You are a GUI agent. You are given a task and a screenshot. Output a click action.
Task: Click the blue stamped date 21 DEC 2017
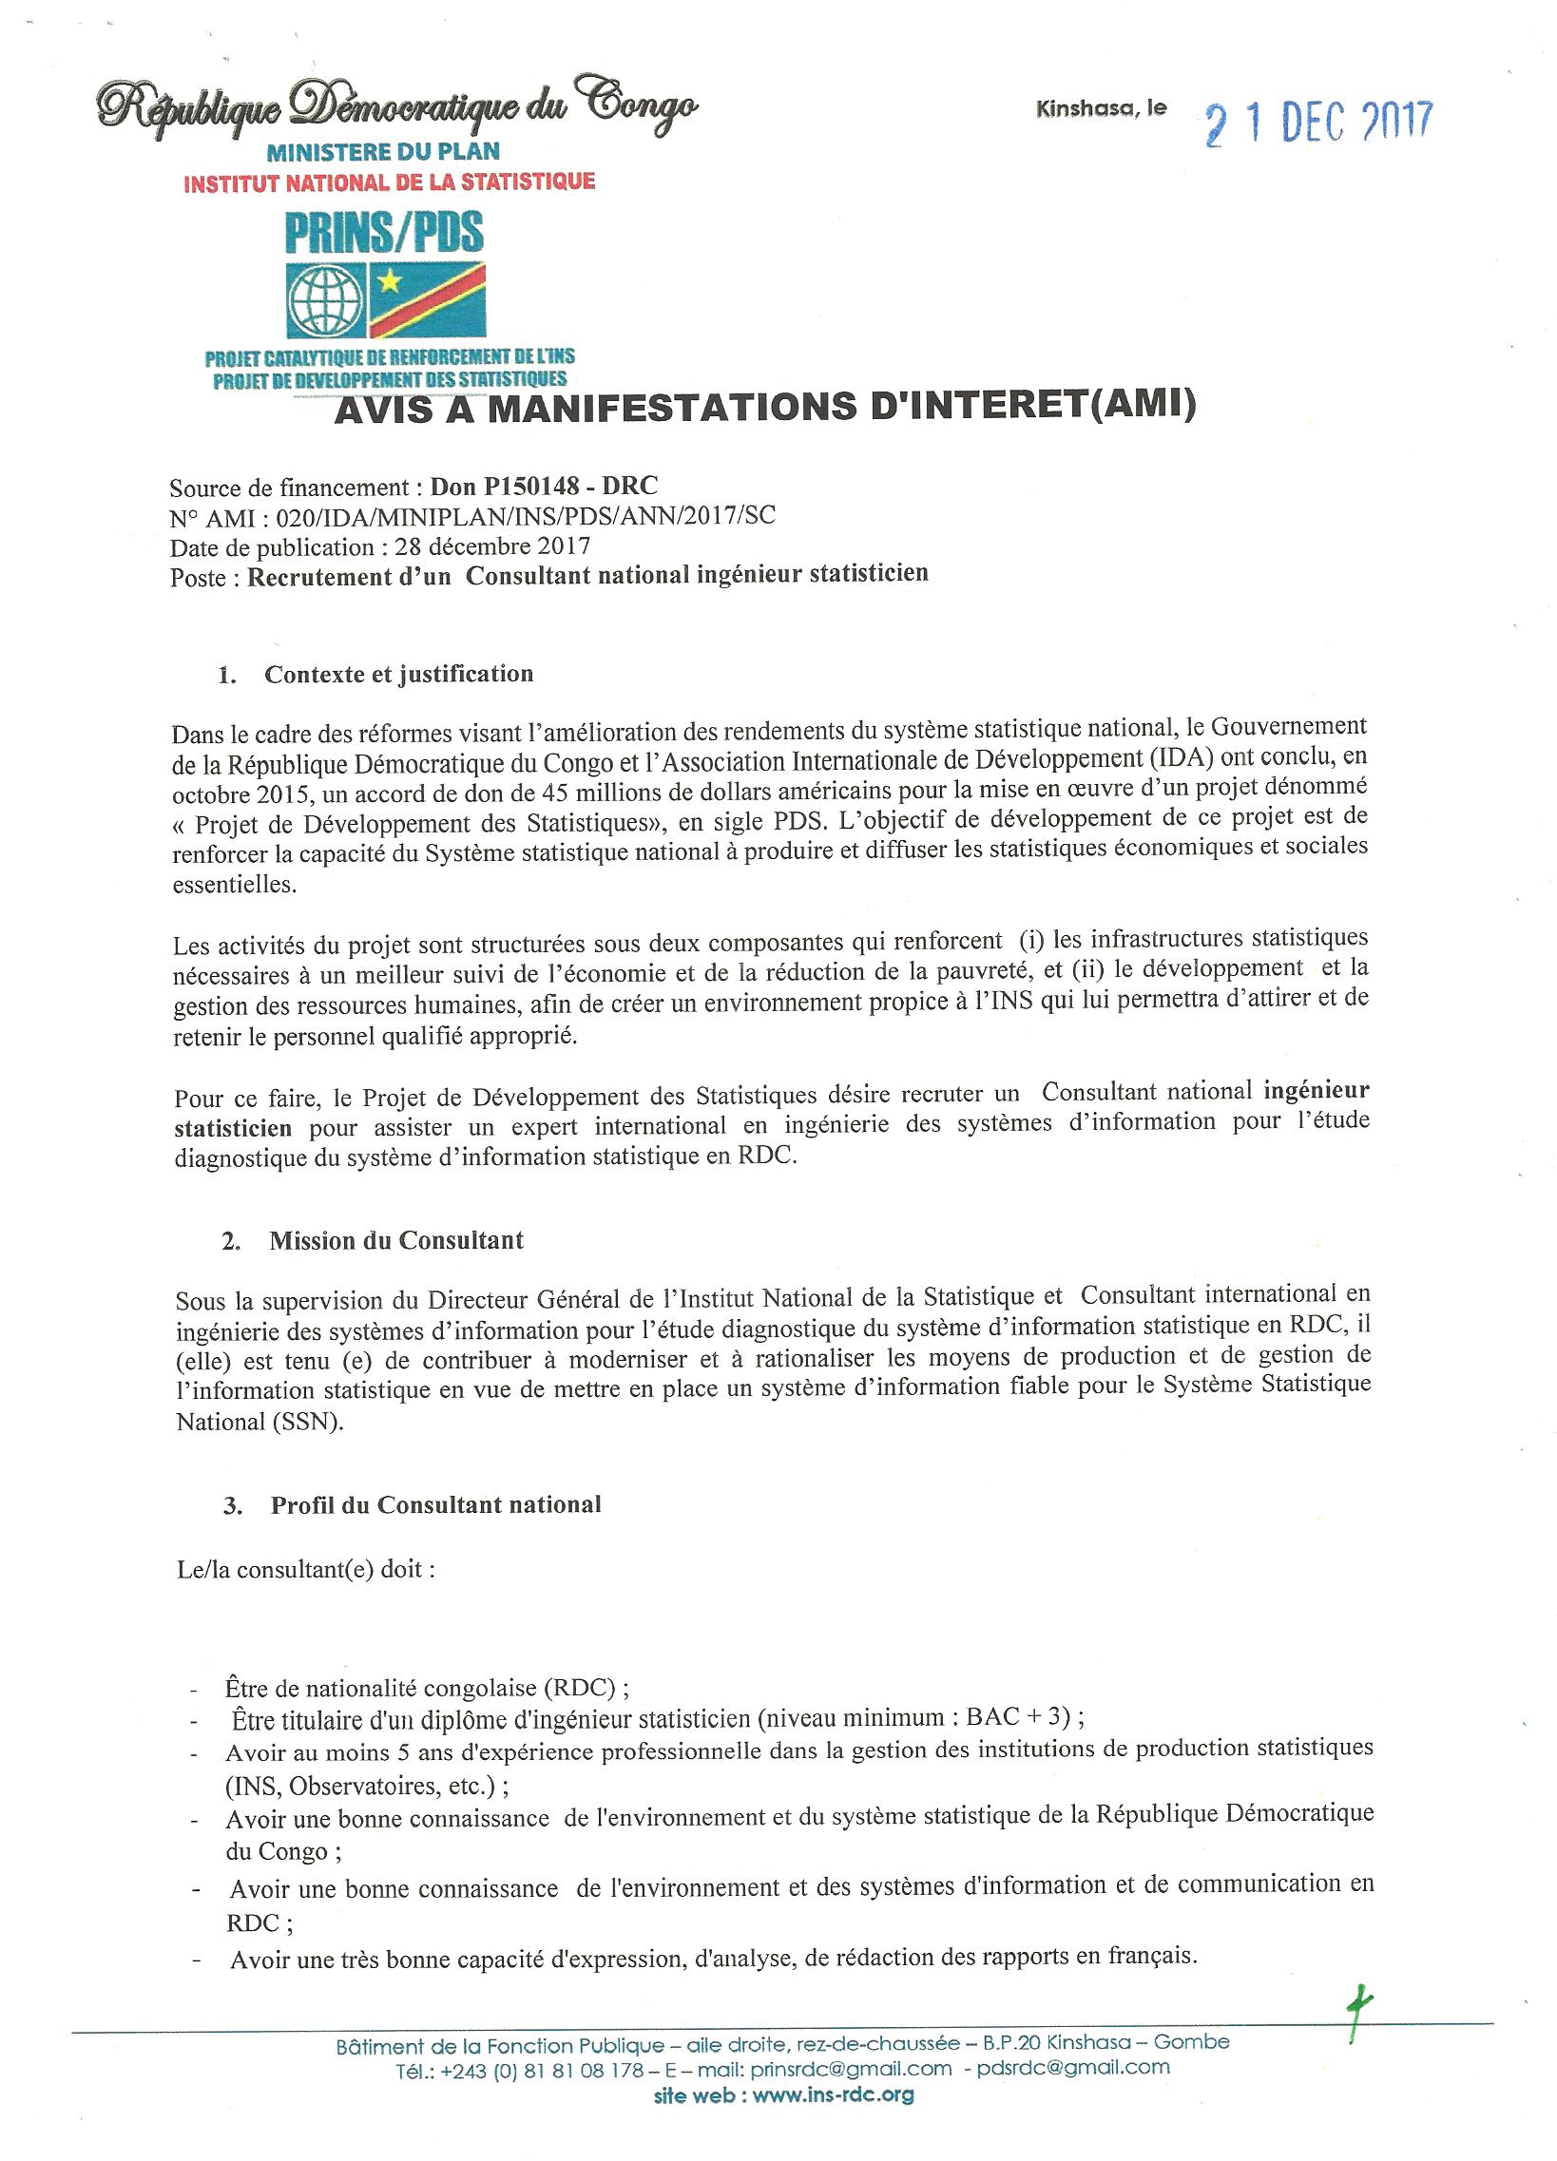click(x=1317, y=124)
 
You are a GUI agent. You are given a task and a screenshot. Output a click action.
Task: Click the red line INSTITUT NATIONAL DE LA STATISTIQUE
click(x=389, y=182)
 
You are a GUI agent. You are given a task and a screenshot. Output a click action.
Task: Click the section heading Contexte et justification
click(x=398, y=675)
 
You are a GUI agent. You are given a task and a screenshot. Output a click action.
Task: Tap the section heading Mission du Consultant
click(x=396, y=1240)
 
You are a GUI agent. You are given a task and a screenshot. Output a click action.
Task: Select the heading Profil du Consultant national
click(x=435, y=1505)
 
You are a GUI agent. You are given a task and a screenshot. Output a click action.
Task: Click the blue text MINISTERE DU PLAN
click(x=383, y=151)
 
